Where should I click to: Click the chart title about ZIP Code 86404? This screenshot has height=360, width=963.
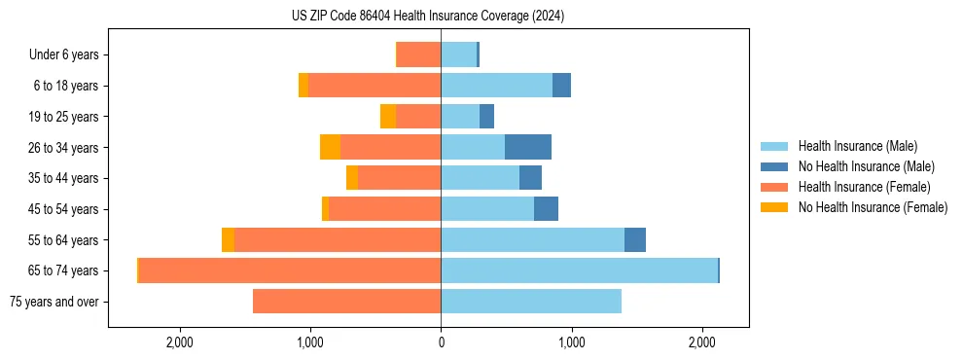click(x=428, y=17)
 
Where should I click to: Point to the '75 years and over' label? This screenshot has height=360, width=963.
click(x=53, y=302)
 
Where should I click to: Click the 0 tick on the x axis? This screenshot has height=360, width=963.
click(x=441, y=342)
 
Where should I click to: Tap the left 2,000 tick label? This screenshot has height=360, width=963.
click(x=180, y=342)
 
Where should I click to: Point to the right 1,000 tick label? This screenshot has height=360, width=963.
click(x=571, y=342)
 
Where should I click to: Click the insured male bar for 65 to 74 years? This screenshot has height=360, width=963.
click(x=579, y=270)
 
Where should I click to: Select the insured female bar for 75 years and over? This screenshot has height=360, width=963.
click(x=346, y=302)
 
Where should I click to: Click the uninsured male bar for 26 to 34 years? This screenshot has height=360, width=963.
click(x=528, y=147)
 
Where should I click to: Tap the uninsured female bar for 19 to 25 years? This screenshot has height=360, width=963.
click(x=388, y=117)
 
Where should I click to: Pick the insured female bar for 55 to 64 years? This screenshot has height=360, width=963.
click(x=338, y=240)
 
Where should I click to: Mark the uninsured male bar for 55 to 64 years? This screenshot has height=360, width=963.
click(x=635, y=240)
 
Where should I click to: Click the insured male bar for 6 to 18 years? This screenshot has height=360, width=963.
click(x=496, y=86)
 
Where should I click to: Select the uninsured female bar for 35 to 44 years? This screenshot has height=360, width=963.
click(x=352, y=178)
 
